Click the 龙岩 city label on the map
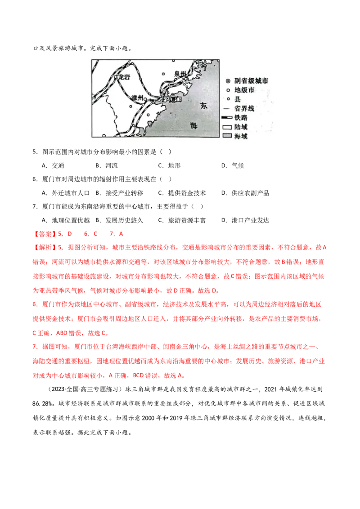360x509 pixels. point(123,77)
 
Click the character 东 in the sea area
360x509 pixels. point(204,106)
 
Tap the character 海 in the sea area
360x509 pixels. point(193,125)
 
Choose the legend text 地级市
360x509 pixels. point(244,90)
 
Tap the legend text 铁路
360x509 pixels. point(241,118)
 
